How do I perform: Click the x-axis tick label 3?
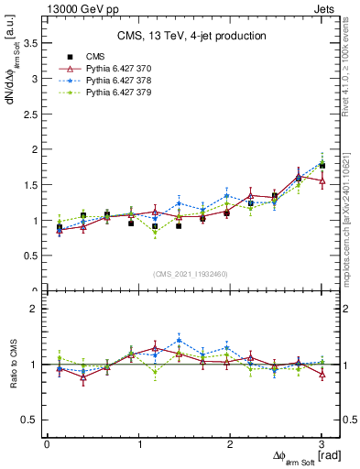point(322,444)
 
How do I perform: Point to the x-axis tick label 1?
point(139,444)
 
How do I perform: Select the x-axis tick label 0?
point(47,444)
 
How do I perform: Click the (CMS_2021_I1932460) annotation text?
point(191,273)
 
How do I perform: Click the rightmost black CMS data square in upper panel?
point(322,166)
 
